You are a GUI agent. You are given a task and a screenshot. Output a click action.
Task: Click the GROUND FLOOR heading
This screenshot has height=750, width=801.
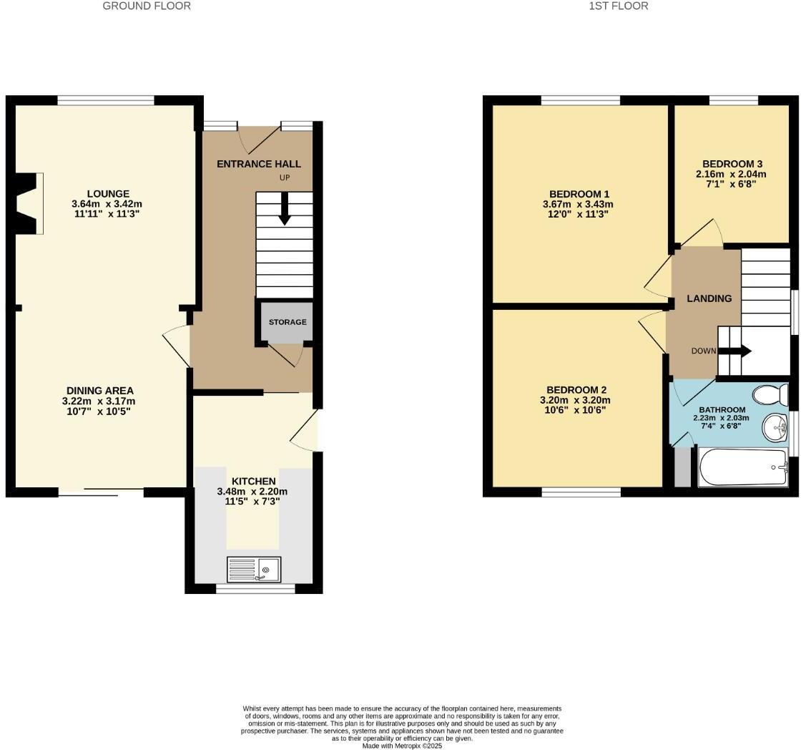[147, 6]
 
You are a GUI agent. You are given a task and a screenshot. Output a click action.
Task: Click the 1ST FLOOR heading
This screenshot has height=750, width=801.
[619, 6]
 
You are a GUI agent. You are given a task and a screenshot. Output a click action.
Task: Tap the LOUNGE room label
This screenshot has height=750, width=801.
[108, 193]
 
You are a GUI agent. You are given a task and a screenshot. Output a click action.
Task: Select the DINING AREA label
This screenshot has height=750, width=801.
[98, 391]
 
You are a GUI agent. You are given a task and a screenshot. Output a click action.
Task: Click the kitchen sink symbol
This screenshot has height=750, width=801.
[254, 570]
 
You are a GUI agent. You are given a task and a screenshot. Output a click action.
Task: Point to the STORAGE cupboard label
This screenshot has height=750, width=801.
[288, 322]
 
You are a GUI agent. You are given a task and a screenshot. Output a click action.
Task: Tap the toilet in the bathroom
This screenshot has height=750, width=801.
[770, 394]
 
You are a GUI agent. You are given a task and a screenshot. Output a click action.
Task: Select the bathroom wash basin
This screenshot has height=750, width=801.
[775, 428]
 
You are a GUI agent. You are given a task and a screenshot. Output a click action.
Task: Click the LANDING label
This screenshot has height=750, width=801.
[709, 298]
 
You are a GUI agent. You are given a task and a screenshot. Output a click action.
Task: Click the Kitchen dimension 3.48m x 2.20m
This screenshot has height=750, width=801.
[252, 492]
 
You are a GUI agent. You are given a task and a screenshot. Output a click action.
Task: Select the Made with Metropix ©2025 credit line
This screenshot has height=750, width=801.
[402, 745]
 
